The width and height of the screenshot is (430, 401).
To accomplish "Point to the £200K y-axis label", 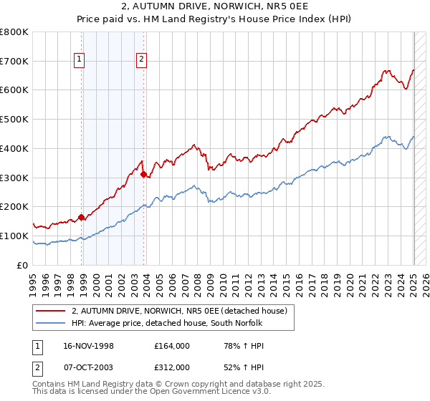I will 14,207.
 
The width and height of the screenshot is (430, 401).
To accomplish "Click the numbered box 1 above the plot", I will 79,60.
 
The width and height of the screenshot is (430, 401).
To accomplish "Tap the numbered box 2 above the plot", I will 142,60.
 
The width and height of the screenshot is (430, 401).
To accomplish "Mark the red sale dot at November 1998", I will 82,217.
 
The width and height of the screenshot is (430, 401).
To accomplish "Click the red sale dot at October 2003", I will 144,174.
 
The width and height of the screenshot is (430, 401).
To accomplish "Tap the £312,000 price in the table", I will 172,367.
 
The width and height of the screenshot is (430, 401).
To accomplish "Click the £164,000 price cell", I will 172,346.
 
